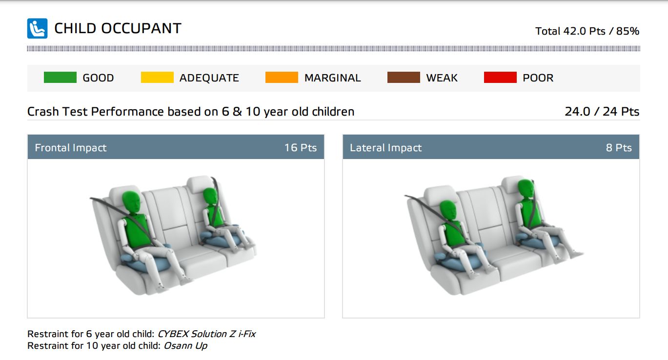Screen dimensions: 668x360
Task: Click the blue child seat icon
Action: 37,28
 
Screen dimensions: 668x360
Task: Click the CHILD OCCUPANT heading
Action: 118,29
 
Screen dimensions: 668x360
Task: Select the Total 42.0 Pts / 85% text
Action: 587,31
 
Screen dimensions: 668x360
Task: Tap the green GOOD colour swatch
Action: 60,78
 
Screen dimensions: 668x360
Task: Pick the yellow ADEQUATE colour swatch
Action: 157,78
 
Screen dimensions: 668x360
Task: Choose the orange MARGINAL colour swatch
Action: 282,78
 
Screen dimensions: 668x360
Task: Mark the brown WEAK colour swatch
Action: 404,78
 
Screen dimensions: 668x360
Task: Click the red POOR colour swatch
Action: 500,78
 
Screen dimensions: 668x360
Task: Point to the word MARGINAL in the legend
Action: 332,78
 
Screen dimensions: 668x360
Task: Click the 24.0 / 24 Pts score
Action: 602,111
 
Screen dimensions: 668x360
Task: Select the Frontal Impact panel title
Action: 71,147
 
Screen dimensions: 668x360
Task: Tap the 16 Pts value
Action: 301,147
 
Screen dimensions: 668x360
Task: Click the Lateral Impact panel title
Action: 385,147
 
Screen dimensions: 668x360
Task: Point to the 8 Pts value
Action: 619,147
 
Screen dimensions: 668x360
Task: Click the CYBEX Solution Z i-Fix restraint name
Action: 206,334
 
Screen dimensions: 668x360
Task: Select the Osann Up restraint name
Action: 185,346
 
